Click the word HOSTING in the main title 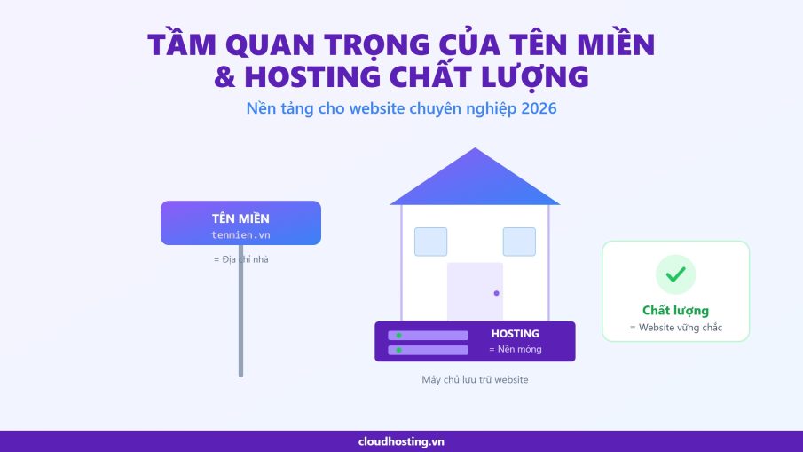(x=312, y=77)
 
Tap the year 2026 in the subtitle (x=539, y=108)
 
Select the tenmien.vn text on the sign (x=240, y=235)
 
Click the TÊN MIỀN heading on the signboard (x=240, y=218)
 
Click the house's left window (x=430, y=242)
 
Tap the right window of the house (x=519, y=242)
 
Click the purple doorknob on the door (x=496, y=293)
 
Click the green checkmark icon (x=675, y=274)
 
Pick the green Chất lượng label (x=675, y=311)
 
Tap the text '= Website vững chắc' (x=675, y=328)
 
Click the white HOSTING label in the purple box (x=516, y=334)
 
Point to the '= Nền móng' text (x=516, y=349)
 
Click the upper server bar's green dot (x=398, y=336)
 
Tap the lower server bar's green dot (x=398, y=350)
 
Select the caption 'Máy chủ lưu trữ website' (x=475, y=380)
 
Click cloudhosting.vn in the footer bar (x=401, y=441)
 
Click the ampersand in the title (x=224, y=77)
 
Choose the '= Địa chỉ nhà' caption (x=240, y=259)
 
